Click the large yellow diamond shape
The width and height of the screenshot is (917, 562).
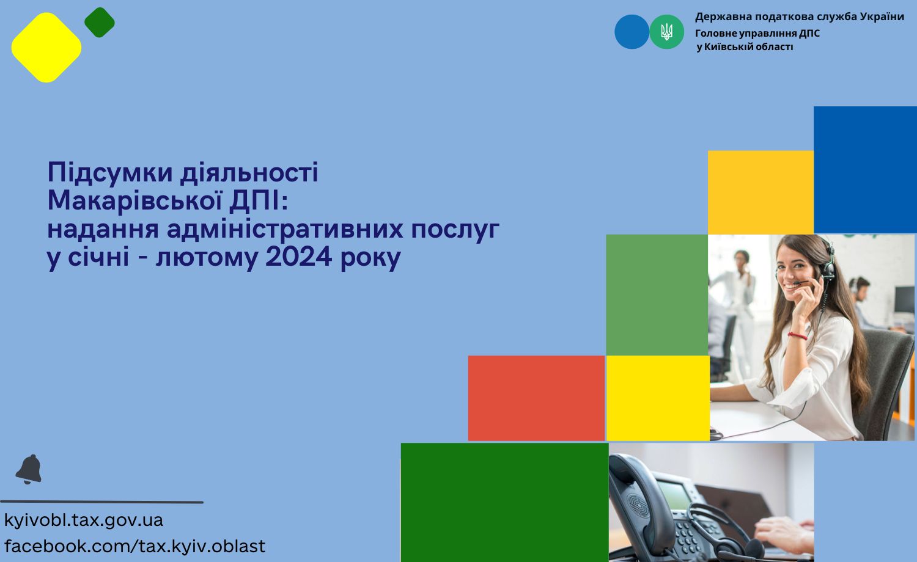(x=46, y=48)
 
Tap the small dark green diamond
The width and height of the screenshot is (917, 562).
(x=100, y=23)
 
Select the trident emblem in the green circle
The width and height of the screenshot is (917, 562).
(x=667, y=32)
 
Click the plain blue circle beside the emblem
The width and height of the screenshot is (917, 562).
(x=632, y=32)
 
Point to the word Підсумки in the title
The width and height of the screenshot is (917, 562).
(x=110, y=173)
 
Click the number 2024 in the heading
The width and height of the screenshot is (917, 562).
(x=298, y=257)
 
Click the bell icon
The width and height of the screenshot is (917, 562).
(x=29, y=469)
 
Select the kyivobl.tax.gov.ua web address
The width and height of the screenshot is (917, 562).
(x=84, y=520)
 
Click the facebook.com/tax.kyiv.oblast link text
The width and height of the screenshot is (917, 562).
(x=134, y=547)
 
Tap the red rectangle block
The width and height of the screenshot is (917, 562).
(x=536, y=398)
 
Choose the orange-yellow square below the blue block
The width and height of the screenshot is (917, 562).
(x=760, y=192)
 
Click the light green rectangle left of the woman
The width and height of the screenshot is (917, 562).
(x=657, y=295)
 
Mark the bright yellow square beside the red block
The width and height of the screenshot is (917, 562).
(x=658, y=398)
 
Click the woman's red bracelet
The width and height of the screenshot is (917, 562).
(x=797, y=336)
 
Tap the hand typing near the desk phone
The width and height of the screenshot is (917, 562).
(x=784, y=535)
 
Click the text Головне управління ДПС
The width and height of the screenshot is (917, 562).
(x=757, y=33)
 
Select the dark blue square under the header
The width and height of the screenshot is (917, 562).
(x=865, y=170)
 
